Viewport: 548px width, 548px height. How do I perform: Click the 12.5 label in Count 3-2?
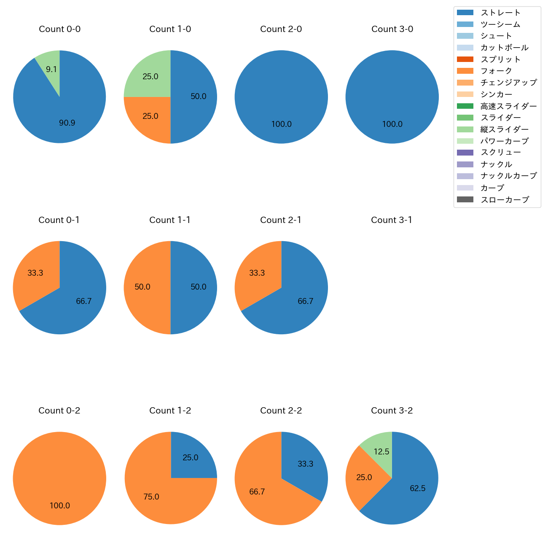381,451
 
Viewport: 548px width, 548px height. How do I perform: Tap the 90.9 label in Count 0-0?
67,123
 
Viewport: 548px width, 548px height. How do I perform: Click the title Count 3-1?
392,220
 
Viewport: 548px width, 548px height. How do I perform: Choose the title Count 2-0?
281,29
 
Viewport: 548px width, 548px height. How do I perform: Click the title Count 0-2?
59,411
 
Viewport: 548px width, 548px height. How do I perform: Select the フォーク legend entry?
496,71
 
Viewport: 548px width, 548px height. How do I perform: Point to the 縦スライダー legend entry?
504,129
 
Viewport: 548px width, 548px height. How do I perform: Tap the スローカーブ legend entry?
505,200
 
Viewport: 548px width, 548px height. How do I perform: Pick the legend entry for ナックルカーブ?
508,176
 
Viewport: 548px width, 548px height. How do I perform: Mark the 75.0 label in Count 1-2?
151,497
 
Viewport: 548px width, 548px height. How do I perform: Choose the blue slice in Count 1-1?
194,287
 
